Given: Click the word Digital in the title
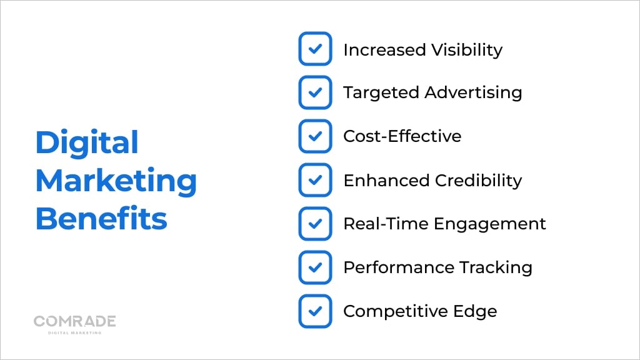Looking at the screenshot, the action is tap(87, 142).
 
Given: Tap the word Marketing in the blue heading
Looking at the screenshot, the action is tap(116, 181).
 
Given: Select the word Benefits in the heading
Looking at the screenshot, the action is tap(101, 218).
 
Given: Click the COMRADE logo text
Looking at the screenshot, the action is tap(75, 321).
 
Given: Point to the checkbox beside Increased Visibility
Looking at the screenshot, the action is tap(315, 49).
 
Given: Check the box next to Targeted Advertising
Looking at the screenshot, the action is tap(315, 92).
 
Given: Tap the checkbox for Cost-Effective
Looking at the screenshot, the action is tap(315, 136).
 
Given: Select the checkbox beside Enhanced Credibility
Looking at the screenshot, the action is tap(315, 179).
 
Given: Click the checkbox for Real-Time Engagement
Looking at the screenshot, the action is tap(315, 223).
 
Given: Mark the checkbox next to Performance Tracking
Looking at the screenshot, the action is tap(315, 267).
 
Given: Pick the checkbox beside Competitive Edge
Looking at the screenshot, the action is tap(315, 311).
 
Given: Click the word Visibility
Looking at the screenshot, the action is tap(467, 50).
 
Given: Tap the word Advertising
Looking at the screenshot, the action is tap(474, 93).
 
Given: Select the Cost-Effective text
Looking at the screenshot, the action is tap(402, 136).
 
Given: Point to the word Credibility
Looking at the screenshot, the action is tap(478, 181).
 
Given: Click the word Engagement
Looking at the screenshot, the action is tap(490, 224).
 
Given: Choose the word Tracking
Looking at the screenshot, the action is tap(496, 267).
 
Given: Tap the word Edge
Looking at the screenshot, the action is tap(475, 311).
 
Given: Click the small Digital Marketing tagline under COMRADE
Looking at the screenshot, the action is tap(75, 332).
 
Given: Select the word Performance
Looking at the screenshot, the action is tap(399, 267).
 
